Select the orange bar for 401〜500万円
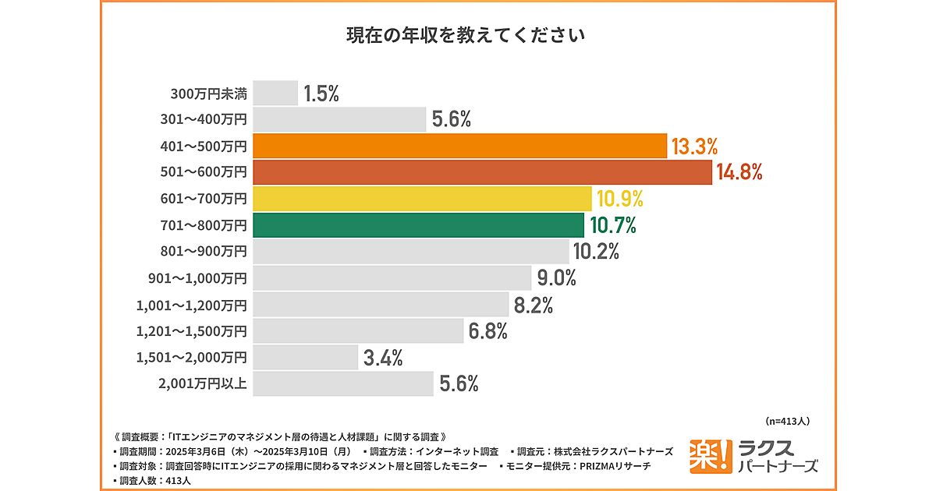[460, 146]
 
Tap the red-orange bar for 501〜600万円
[483, 172]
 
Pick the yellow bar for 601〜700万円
[422, 199]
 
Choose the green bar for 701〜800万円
[418, 225]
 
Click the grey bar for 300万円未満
[275, 93]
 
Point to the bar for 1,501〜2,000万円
[305, 358]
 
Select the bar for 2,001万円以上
[343, 384]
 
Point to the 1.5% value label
[321, 94]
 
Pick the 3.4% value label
[382, 359]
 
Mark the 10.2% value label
[596, 252]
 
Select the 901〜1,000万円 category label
[197, 278]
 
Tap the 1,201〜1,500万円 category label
[191, 331]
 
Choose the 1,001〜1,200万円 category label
[191, 305]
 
